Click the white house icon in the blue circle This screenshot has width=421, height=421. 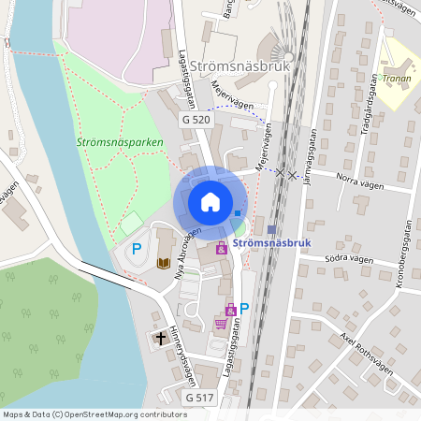[x=210, y=201]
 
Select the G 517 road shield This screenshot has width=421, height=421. [x=199, y=399]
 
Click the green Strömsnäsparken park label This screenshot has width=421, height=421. [x=120, y=143]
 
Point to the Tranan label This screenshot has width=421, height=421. [x=399, y=80]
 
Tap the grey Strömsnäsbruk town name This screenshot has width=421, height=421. [x=241, y=67]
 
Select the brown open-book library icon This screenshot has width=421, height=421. [x=164, y=263]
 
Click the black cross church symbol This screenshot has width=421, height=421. [x=160, y=337]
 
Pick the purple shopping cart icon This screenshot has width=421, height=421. [x=221, y=324]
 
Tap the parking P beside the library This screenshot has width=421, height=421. [x=137, y=249]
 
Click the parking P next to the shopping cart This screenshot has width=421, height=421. [x=244, y=308]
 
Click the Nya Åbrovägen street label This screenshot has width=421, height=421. [x=181, y=250]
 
